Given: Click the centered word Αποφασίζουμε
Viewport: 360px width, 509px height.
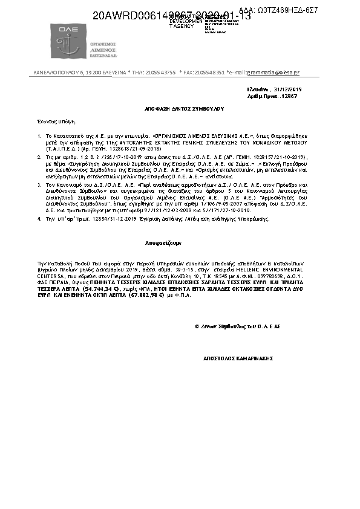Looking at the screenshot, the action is coord(163,242).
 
